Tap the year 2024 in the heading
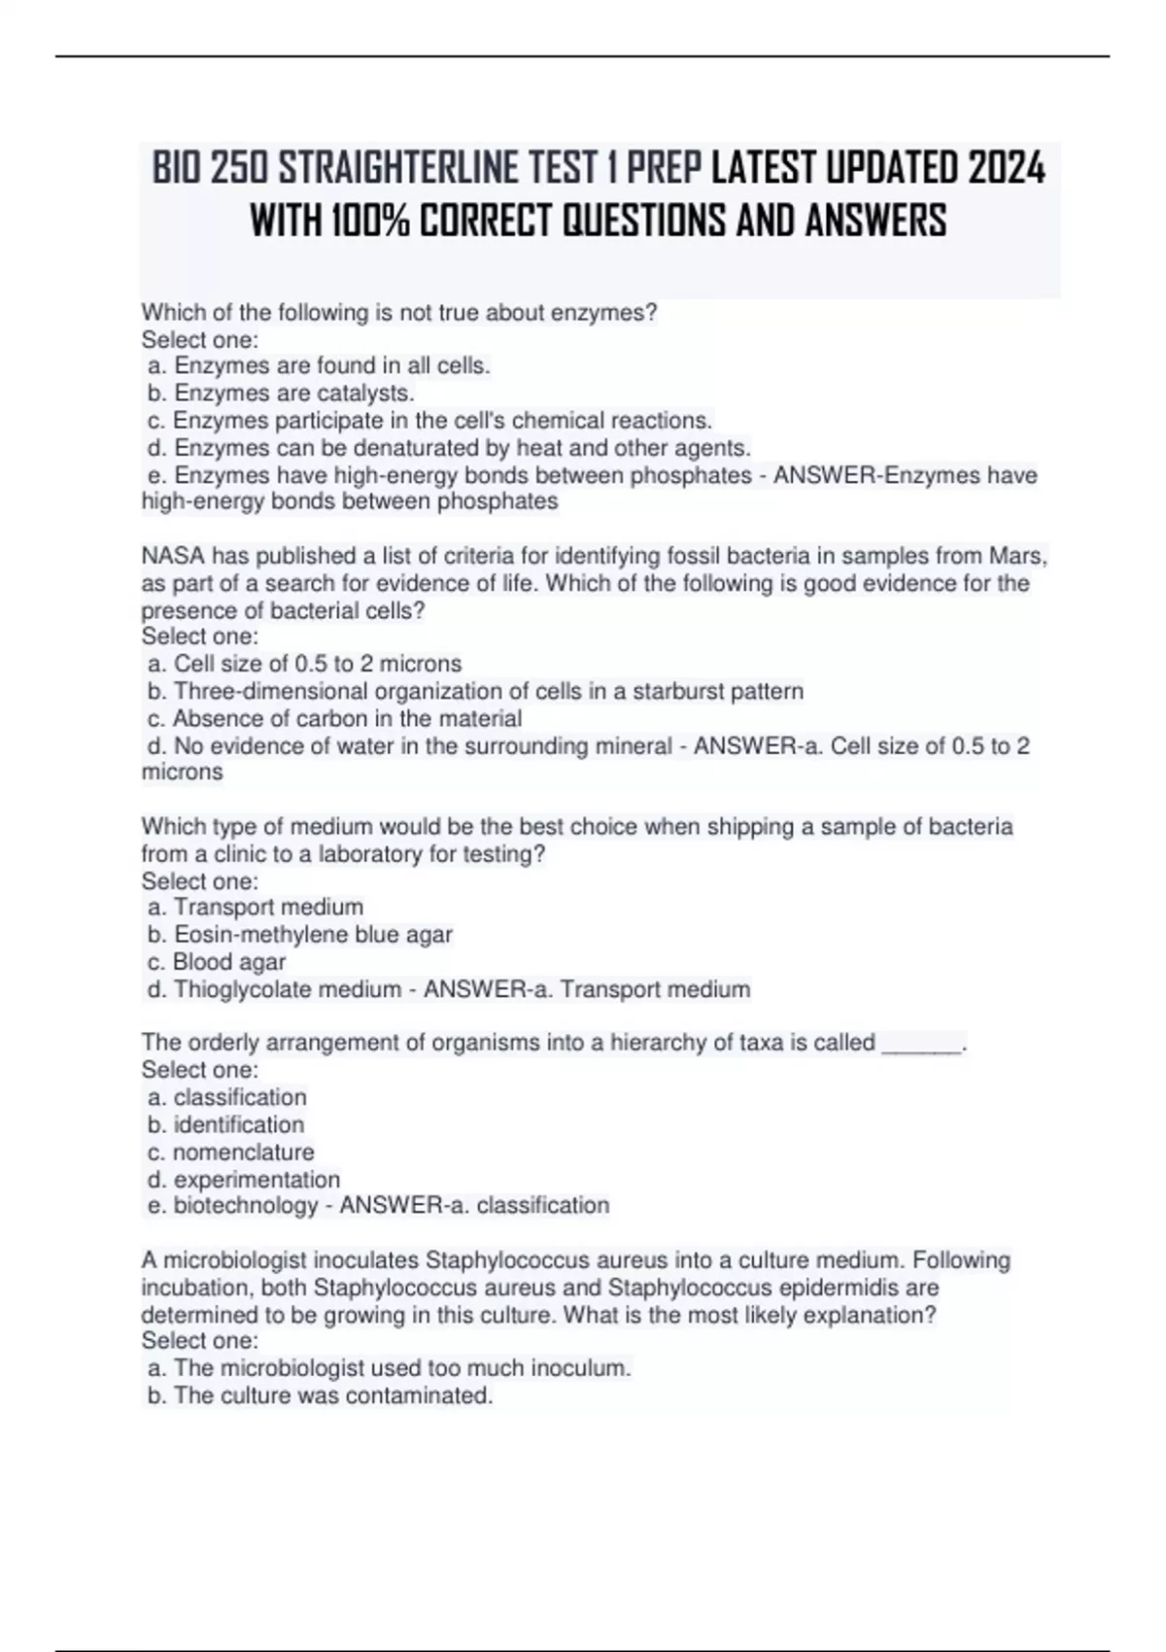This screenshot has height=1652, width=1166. [x=1007, y=170]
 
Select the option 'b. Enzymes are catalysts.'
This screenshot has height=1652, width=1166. [x=282, y=394]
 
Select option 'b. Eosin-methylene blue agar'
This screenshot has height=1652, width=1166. [x=300, y=935]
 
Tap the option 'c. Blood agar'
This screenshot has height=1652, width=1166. [x=218, y=962]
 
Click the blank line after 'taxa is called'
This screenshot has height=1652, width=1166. [x=921, y=1044]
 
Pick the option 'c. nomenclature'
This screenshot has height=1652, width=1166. [x=231, y=1153]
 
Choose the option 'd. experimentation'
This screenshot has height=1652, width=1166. [x=244, y=1180]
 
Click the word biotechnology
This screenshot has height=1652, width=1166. [x=246, y=1206]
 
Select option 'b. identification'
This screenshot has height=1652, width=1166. [x=226, y=1125]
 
